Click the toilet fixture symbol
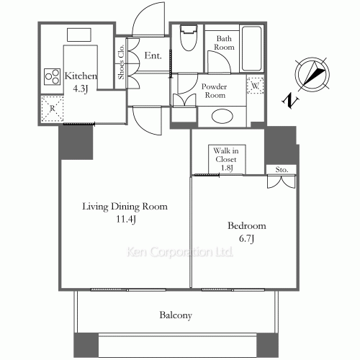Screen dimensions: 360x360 (189, 37)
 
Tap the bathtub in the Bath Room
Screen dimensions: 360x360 (251, 48)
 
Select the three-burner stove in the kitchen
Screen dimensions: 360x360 (52, 76)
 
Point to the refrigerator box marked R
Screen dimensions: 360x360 (53, 109)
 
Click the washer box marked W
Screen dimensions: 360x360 (256, 86)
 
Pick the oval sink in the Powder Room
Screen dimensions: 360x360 (222, 117)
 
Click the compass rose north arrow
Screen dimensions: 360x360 (312, 74)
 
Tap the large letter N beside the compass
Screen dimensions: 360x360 (290, 102)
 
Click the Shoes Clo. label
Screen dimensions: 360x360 (122, 62)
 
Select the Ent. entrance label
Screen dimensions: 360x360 (153, 55)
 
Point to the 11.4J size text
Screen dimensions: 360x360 (126, 219)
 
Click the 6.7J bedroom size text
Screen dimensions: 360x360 (247, 239)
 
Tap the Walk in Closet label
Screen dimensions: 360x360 (226, 159)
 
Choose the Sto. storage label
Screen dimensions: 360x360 (282, 170)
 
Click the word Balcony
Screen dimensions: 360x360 (176, 315)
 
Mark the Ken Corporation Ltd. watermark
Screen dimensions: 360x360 (179, 252)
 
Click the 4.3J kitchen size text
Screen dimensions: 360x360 (81, 89)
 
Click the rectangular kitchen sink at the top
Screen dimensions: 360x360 (79, 35)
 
